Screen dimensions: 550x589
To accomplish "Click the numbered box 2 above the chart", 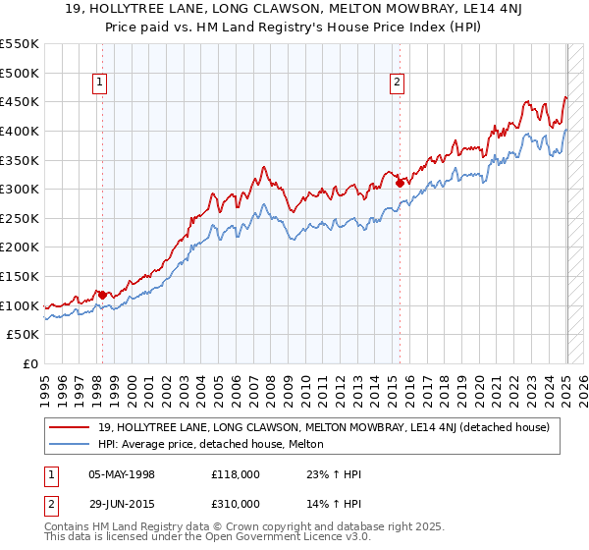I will (x=398, y=83).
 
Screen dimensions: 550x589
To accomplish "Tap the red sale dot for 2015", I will (x=400, y=182).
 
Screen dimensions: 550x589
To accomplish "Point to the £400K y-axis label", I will (x=20, y=131).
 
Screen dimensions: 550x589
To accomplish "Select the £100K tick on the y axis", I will (x=20, y=305).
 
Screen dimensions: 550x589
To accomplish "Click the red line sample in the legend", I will (x=70, y=427).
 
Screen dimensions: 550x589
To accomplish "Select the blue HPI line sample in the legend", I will (x=70, y=444).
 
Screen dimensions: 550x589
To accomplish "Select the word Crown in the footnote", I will (x=216, y=528).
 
